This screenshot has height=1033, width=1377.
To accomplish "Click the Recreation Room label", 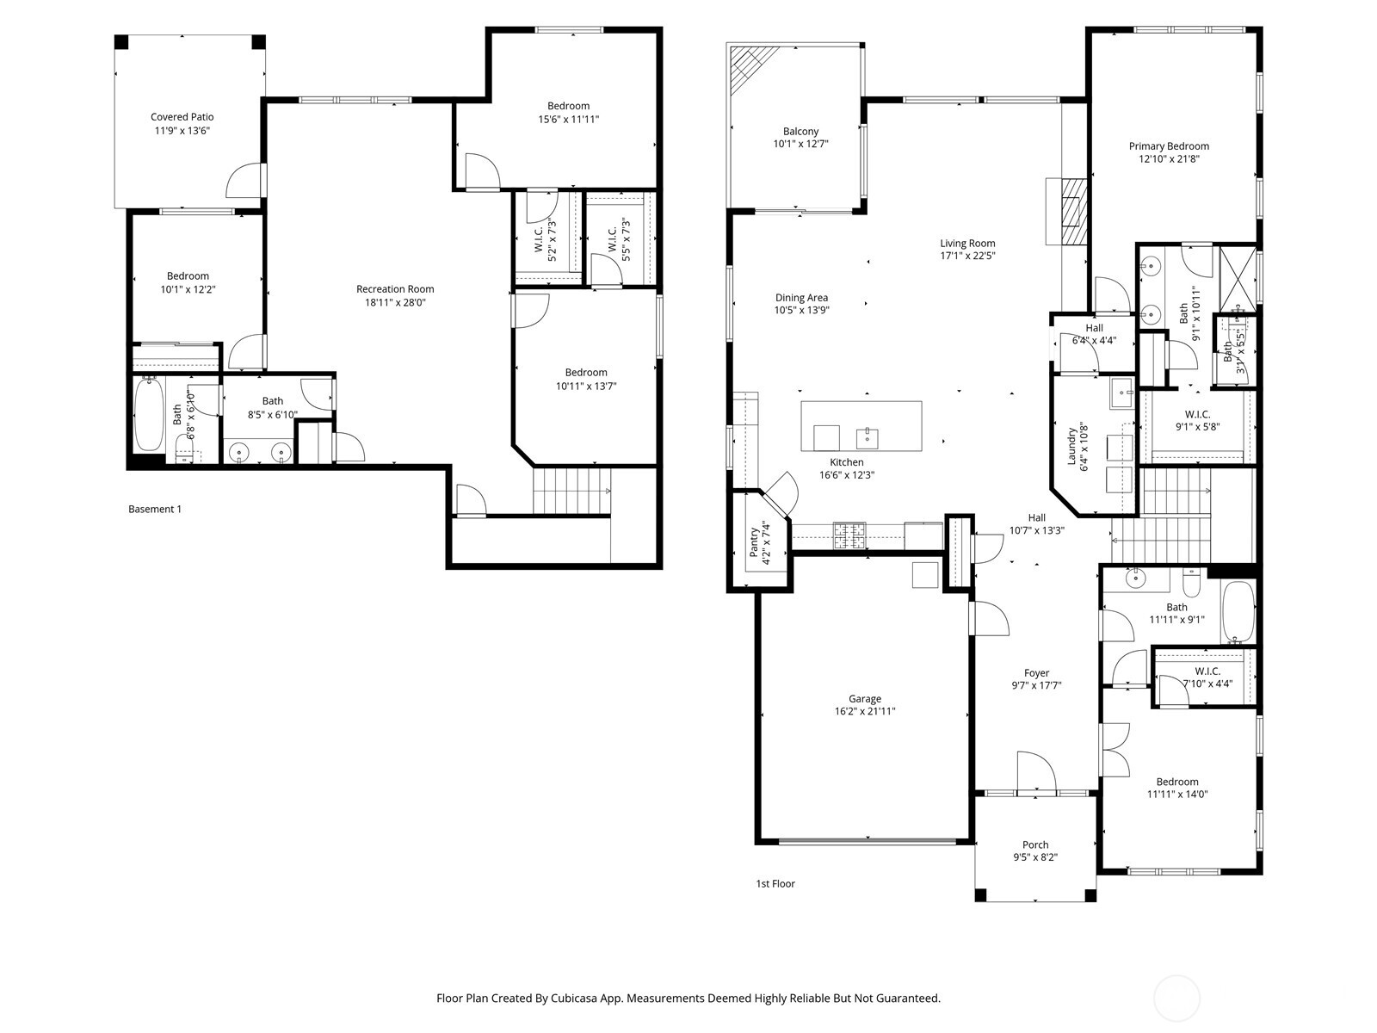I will (395, 289).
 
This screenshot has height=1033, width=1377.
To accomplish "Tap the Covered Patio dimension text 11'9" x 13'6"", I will (182, 131).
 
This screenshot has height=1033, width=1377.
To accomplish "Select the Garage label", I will (864, 699).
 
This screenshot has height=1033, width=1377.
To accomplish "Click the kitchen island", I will (861, 426).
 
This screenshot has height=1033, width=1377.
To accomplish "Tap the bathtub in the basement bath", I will (149, 416).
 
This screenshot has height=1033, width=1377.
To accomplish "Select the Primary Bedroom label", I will (1169, 146).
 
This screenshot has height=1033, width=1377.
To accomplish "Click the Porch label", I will (1035, 844).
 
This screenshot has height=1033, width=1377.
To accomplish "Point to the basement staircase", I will (571, 491).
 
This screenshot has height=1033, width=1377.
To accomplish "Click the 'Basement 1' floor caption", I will (155, 509).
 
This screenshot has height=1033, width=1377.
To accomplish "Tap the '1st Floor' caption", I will (775, 883).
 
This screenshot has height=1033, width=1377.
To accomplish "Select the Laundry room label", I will (1072, 448).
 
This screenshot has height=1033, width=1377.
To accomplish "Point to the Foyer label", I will (1036, 673).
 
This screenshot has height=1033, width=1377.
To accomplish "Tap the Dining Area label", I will (801, 298).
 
